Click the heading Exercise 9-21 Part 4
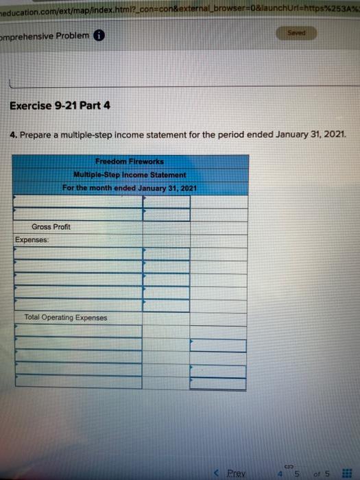pos(59,106)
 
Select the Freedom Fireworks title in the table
pos(129,161)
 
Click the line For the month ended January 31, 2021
pos(129,187)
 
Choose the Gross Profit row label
pos(51,226)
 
